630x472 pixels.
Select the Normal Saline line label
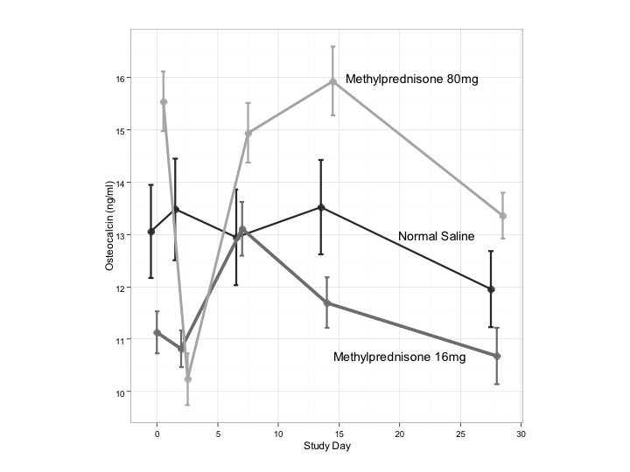coord(438,236)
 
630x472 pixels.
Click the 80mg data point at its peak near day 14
coord(332,81)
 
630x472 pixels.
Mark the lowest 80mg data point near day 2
coord(187,379)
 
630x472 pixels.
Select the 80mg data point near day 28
coord(503,216)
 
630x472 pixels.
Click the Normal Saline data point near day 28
coord(491,289)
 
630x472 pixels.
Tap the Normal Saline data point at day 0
coord(151,232)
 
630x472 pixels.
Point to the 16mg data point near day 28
coord(497,356)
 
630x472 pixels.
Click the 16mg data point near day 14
coord(327,303)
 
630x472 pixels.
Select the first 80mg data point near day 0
coord(164,101)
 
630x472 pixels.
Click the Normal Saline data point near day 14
coord(321,207)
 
